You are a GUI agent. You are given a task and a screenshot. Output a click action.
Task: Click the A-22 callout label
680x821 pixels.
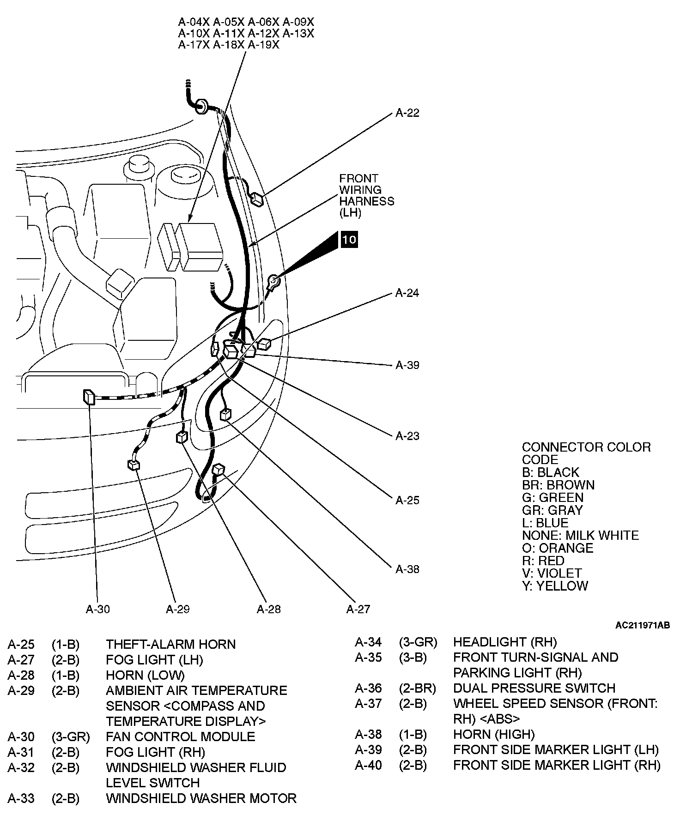[x=407, y=113]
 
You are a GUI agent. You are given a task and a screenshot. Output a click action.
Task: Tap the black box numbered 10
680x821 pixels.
[x=349, y=239]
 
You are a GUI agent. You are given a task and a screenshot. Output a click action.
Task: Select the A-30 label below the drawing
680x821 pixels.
[x=98, y=609]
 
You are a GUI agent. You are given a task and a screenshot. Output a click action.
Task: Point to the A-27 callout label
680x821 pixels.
[x=358, y=609]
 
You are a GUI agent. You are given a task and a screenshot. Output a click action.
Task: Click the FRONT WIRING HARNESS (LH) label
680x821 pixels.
[x=366, y=195]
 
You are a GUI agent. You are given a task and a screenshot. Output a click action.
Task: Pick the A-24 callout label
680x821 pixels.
[x=407, y=293]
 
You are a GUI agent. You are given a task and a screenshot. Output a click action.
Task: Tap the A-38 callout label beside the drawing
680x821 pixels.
[x=407, y=569]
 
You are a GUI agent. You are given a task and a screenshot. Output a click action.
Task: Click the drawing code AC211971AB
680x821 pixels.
[x=642, y=625]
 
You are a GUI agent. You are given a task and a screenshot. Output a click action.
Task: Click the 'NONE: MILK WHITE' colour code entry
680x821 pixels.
[x=580, y=535]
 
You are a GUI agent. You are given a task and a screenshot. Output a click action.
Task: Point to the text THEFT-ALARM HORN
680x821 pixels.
[x=170, y=644]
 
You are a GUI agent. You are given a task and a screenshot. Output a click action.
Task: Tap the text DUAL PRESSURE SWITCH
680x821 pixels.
[x=534, y=688]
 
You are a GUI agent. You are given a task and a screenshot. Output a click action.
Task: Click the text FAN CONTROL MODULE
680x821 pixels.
[x=180, y=736]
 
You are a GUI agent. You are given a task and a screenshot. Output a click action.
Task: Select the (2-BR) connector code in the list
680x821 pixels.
[x=417, y=688]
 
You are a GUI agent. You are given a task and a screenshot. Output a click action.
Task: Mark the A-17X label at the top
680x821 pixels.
[x=194, y=45]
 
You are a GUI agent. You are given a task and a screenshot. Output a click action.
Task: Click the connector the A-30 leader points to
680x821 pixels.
[x=89, y=397]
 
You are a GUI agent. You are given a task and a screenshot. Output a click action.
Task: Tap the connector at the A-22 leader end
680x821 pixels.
[x=257, y=199]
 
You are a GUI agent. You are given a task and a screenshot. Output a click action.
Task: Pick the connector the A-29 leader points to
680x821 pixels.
[x=134, y=465]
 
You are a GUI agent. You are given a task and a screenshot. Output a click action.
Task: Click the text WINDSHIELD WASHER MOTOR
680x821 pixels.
[x=201, y=798]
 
